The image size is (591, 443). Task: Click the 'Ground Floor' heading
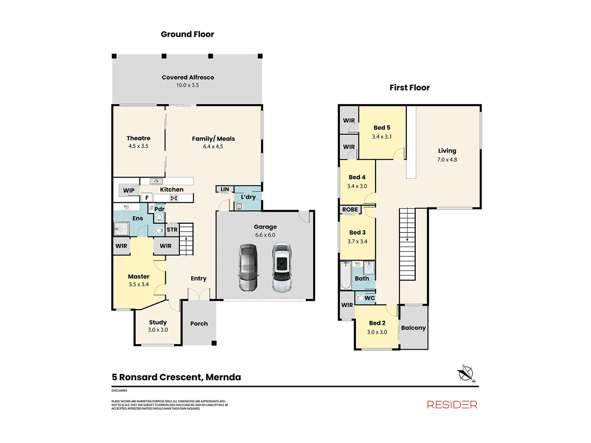tap(187, 34)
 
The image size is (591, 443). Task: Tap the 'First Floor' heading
tap(410, 88)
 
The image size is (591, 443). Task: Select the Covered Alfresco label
tap(188, 78)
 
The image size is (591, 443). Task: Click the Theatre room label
tap(138, 139)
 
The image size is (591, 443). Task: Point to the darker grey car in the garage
tap(248, 267)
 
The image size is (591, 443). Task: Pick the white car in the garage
tap(282, 267)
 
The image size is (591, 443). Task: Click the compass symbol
tap(466, 373)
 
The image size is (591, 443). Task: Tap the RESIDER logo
tap(452, 405)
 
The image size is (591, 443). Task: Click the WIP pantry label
tap(129, 190)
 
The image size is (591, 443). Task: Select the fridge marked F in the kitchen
tap(147, 198)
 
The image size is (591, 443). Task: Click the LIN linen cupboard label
tap(224, 190)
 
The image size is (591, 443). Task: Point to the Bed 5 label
tap(382, 128)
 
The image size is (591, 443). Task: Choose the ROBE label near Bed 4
tap(350, 210)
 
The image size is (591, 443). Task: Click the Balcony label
tap(413, 328)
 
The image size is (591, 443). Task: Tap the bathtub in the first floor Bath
tap(346, 276)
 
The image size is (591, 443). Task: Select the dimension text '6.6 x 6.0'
tap(265, 235)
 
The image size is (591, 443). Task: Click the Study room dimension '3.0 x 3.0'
tap(158, 330)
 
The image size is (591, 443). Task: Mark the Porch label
tap(199, 324)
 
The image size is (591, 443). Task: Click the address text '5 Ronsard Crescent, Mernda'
tap(176, 377)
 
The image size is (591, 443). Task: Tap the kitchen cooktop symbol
tap(174, 198)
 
